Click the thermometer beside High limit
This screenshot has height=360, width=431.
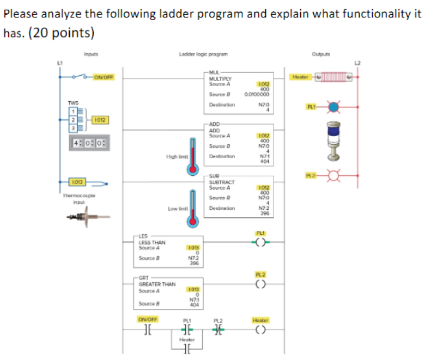click(191, 156)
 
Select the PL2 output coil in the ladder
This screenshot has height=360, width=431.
click(262, 283)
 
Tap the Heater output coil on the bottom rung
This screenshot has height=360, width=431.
click(262, 330)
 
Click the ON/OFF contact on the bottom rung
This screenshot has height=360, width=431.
click(147, 330)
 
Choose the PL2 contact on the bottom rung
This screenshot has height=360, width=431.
click(218, 330)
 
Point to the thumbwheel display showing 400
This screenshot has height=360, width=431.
click(90, 144)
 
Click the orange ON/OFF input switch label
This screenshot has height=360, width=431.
click(102, 77)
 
